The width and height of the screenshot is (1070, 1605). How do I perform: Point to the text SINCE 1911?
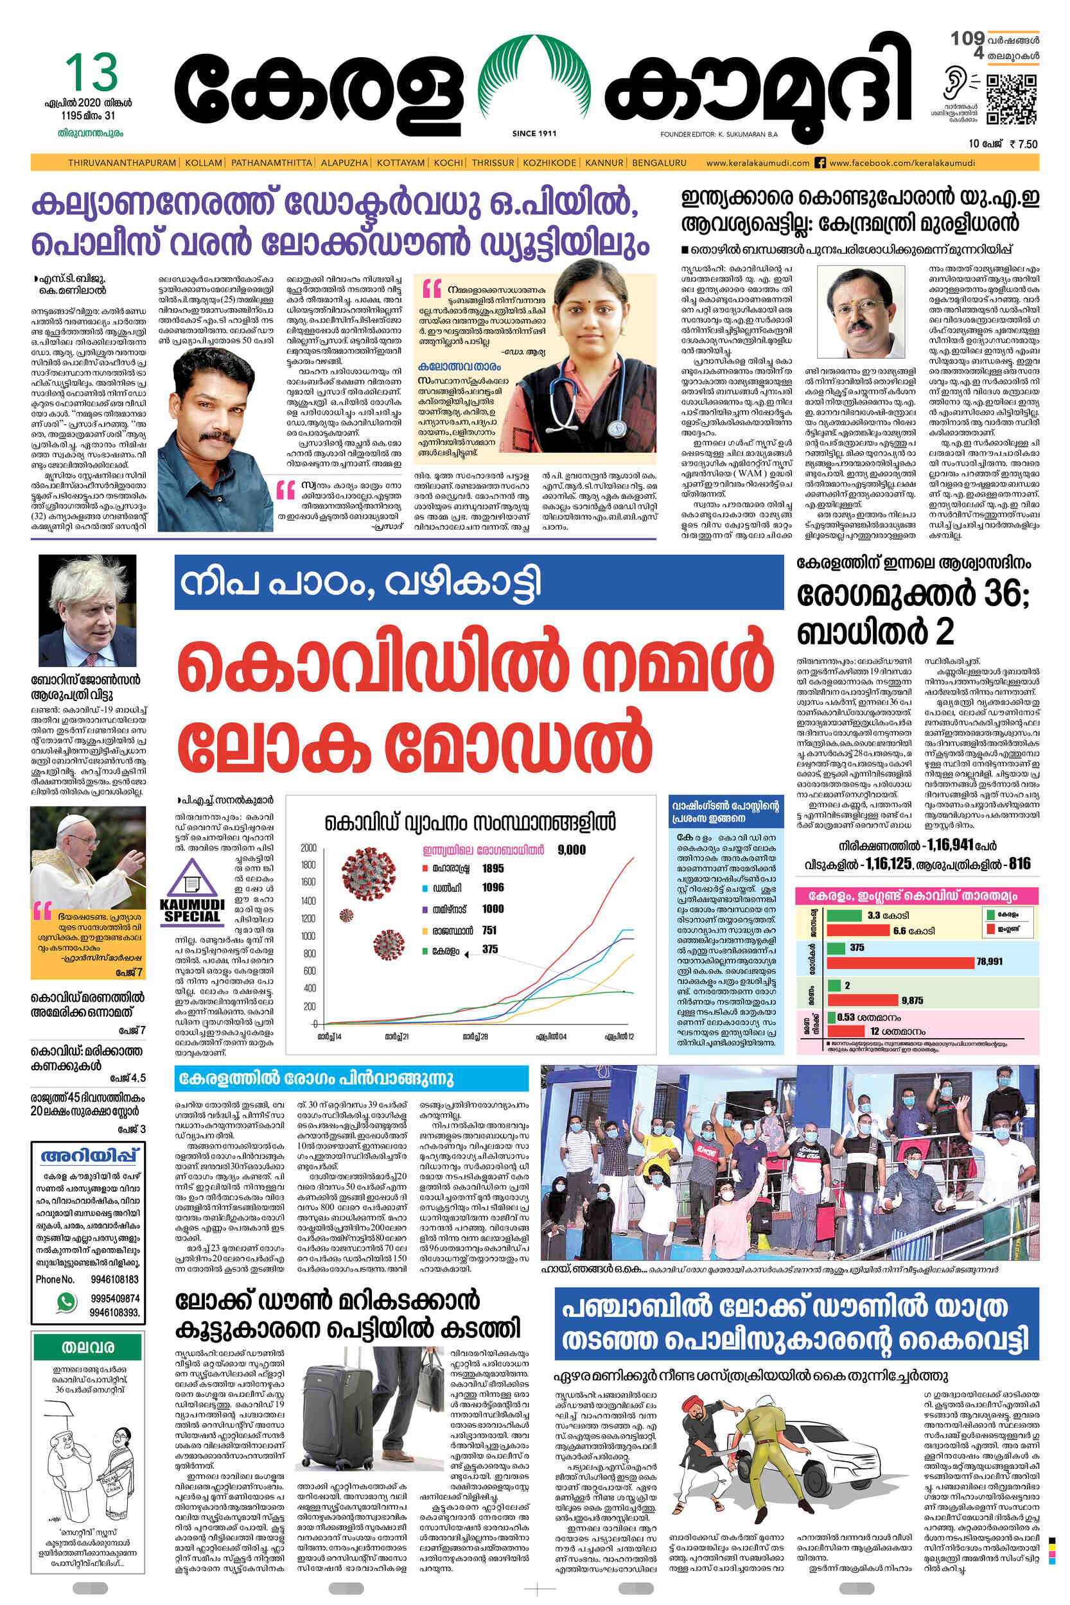pyautogui.click(x=534, y=134)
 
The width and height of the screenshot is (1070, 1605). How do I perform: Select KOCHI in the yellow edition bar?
pyautogui.click(x=448, y=163)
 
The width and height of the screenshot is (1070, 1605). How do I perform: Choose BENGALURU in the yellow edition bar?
pyautogui.click(x=659, y=163)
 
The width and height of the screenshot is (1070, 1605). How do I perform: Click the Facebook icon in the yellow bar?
pyautogui.click(x=821, y=163)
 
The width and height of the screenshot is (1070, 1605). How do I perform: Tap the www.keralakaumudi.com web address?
pyautogui.click(x=757, y=163)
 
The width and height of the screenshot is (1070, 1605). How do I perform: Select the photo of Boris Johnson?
pyautogui.click(x=87, y=611)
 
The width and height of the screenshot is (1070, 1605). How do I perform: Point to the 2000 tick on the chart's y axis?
pyautogui.click(x=308, y=848)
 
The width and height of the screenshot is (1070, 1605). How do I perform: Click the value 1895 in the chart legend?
pyautogui.click(x=492, y=869)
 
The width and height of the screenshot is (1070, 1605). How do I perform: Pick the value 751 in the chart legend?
pyautogui.click(x=489, y=930)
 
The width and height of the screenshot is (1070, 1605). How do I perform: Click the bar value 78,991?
pyautogui.click(x=989, y=961)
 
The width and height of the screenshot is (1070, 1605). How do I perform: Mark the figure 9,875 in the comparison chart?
pyautogui.click(x=912, y=1000)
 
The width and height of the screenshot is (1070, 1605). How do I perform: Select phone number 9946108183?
pyautogui.click(x=114, y=1280)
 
